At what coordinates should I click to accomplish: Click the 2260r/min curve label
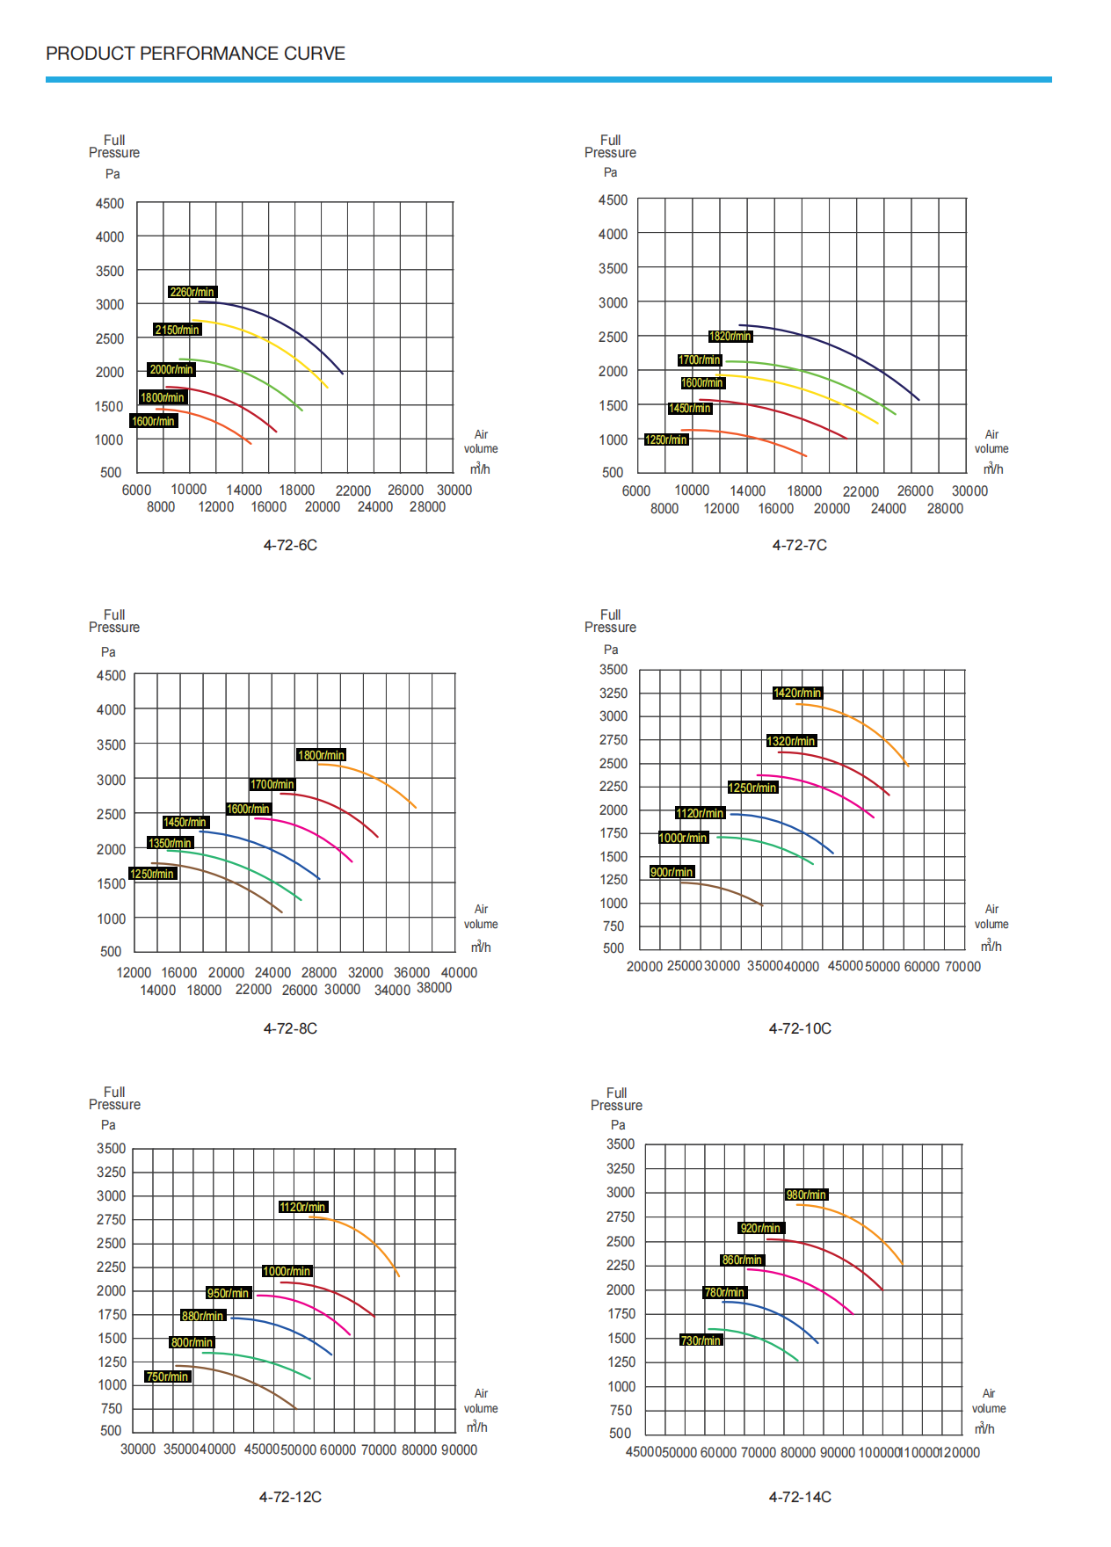point(192,292)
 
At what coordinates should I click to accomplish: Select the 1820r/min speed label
point(730,336)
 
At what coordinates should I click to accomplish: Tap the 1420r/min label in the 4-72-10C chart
point(797,693)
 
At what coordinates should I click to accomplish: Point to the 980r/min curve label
point(806,1195)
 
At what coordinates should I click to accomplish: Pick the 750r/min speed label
point(167,1376)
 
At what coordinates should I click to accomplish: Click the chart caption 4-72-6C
point(290,545)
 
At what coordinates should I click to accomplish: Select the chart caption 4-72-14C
point(800,1497)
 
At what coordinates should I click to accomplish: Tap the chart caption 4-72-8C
point(290,1028)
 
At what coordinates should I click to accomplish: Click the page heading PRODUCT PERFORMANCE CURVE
point(195,54)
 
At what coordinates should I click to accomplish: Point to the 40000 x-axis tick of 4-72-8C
point(459,972)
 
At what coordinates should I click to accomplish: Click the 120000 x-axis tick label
point(961,1452)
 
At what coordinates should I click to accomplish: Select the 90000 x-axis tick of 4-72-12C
point(460,1449)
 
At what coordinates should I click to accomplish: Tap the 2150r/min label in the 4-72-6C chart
point(177,330)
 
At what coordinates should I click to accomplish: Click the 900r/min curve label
point(672,872)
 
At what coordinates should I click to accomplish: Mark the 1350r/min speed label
point(170,843)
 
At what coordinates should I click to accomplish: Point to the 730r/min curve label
point(701,1340)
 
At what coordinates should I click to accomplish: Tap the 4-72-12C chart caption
point(290,1497)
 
